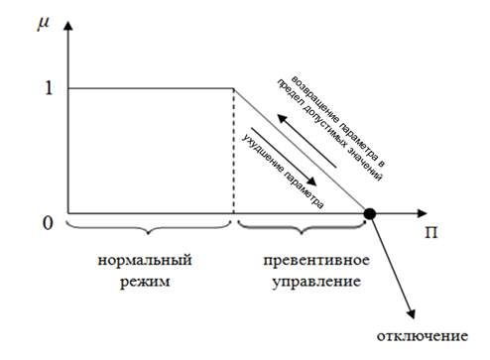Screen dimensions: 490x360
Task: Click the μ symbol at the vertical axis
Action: pyautogui.click(x=44, y=24)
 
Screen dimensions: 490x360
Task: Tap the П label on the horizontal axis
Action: pyautogui.click(x=430, y=232)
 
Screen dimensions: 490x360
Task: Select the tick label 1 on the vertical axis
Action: pyautogui.click(x=49, y=88)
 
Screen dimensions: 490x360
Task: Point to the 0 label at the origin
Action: pyautogui.click(x=48, y=223)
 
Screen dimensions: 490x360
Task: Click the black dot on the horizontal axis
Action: pyautogui.click(x=370, y=214)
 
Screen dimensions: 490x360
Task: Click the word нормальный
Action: pyautogui.click(x=145, y=260)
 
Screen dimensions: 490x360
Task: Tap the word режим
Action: pyautogui.click(x=145, y=282)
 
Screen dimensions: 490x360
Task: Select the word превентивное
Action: pyautogui.click(x=316, y=260)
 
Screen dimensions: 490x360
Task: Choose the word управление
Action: pyautogui.click(x=316, y=282)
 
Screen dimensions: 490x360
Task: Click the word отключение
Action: pyautogui.click(x=423, y=336)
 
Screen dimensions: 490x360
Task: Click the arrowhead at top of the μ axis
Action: pyautogui.click(x=67, y=26)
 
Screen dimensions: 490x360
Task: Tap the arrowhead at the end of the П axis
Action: pyautogui.click(x=422, y=213)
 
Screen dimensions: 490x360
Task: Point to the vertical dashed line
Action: pyautogui.click(x=234, y=151)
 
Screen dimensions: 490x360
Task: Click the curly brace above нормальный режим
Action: pyautogui.click(x=149, y=228)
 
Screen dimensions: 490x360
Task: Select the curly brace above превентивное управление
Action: pyautogui.click(x=302, y=228)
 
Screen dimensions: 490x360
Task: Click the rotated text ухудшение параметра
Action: pyautogui.click(x=283, y=171)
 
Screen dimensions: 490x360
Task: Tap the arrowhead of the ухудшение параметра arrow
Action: pyautogui.click(x=310, y=180)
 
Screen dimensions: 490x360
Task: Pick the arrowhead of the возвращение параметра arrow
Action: pyautogui.click(x=283, y=119)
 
